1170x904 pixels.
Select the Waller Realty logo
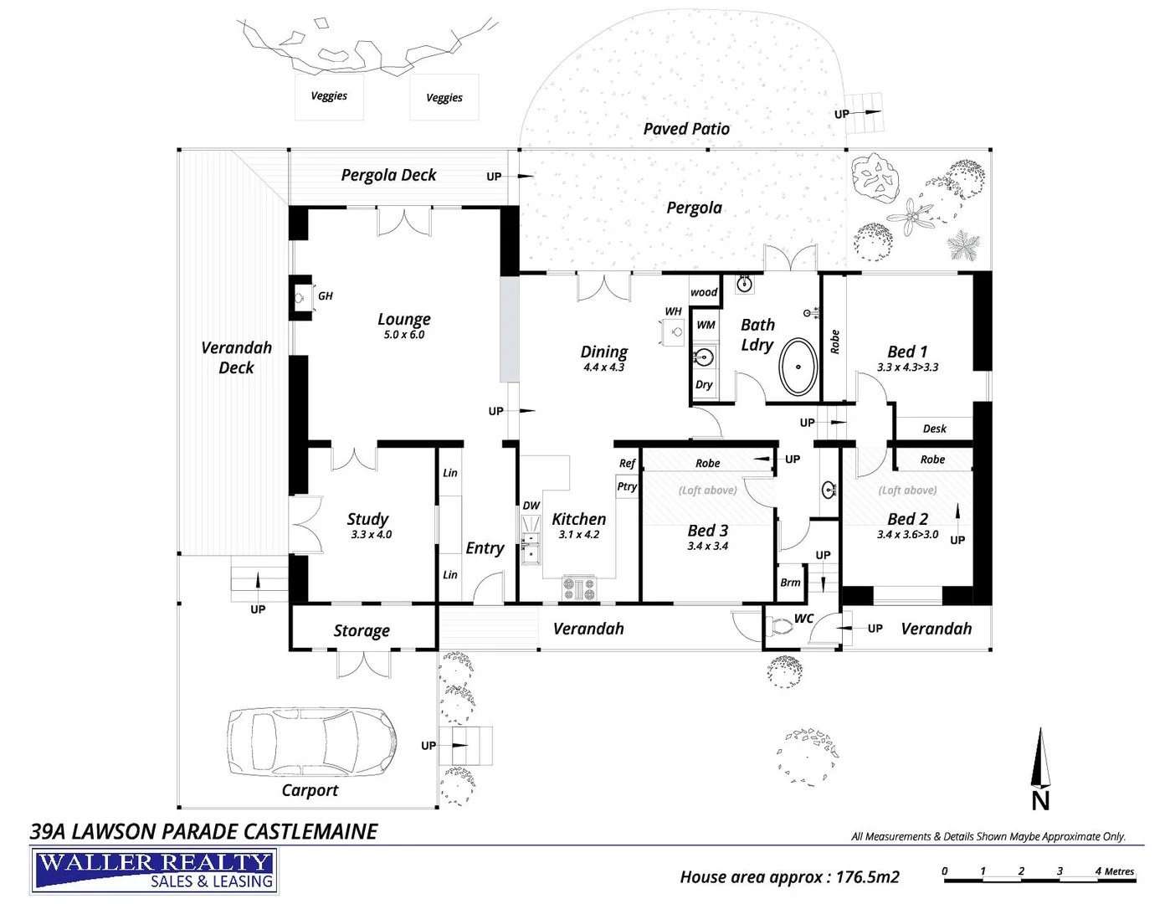[x=155, y=871]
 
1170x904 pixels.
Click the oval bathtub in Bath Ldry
[x=798, y=367]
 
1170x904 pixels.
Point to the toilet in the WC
[x=782, y=625]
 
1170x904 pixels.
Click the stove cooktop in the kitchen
[x=578, y=588]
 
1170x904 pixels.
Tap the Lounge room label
[x=403, y=319]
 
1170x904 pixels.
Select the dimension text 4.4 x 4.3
[x=603, y=367]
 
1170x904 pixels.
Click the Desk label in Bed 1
[x=934, y=429]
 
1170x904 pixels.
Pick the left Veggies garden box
[x=329, y=97]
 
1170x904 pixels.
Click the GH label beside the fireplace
[x=325, y=295]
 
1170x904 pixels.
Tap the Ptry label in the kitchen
[x=627, y=486]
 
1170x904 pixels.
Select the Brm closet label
[x=790, y=583]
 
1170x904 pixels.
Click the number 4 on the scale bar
[x=1098, y=871]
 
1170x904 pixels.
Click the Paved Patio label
[x=686, y=129]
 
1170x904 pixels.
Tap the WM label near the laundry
[x=706, y=325]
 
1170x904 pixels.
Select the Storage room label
[x=362, y=630]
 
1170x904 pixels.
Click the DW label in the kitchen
[x=531, y=506]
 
